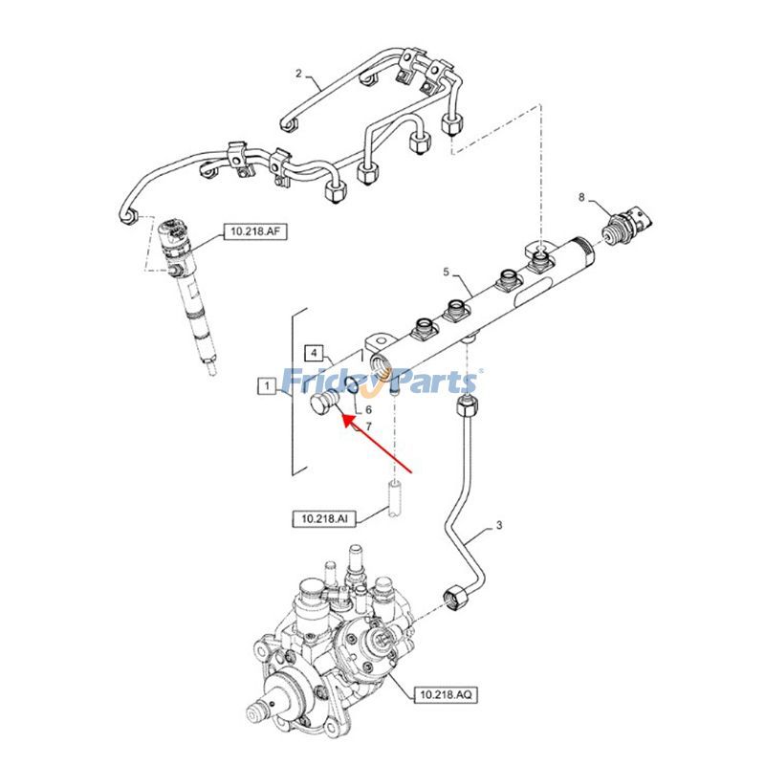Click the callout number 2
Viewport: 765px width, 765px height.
[297, 74]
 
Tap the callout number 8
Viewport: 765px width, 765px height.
[581, 197]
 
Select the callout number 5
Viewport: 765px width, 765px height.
[445, 273]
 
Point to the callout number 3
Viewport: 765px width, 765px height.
[497, 526]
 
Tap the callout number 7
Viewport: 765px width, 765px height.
[369, 425]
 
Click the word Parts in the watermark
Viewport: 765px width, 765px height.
[435, 382]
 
